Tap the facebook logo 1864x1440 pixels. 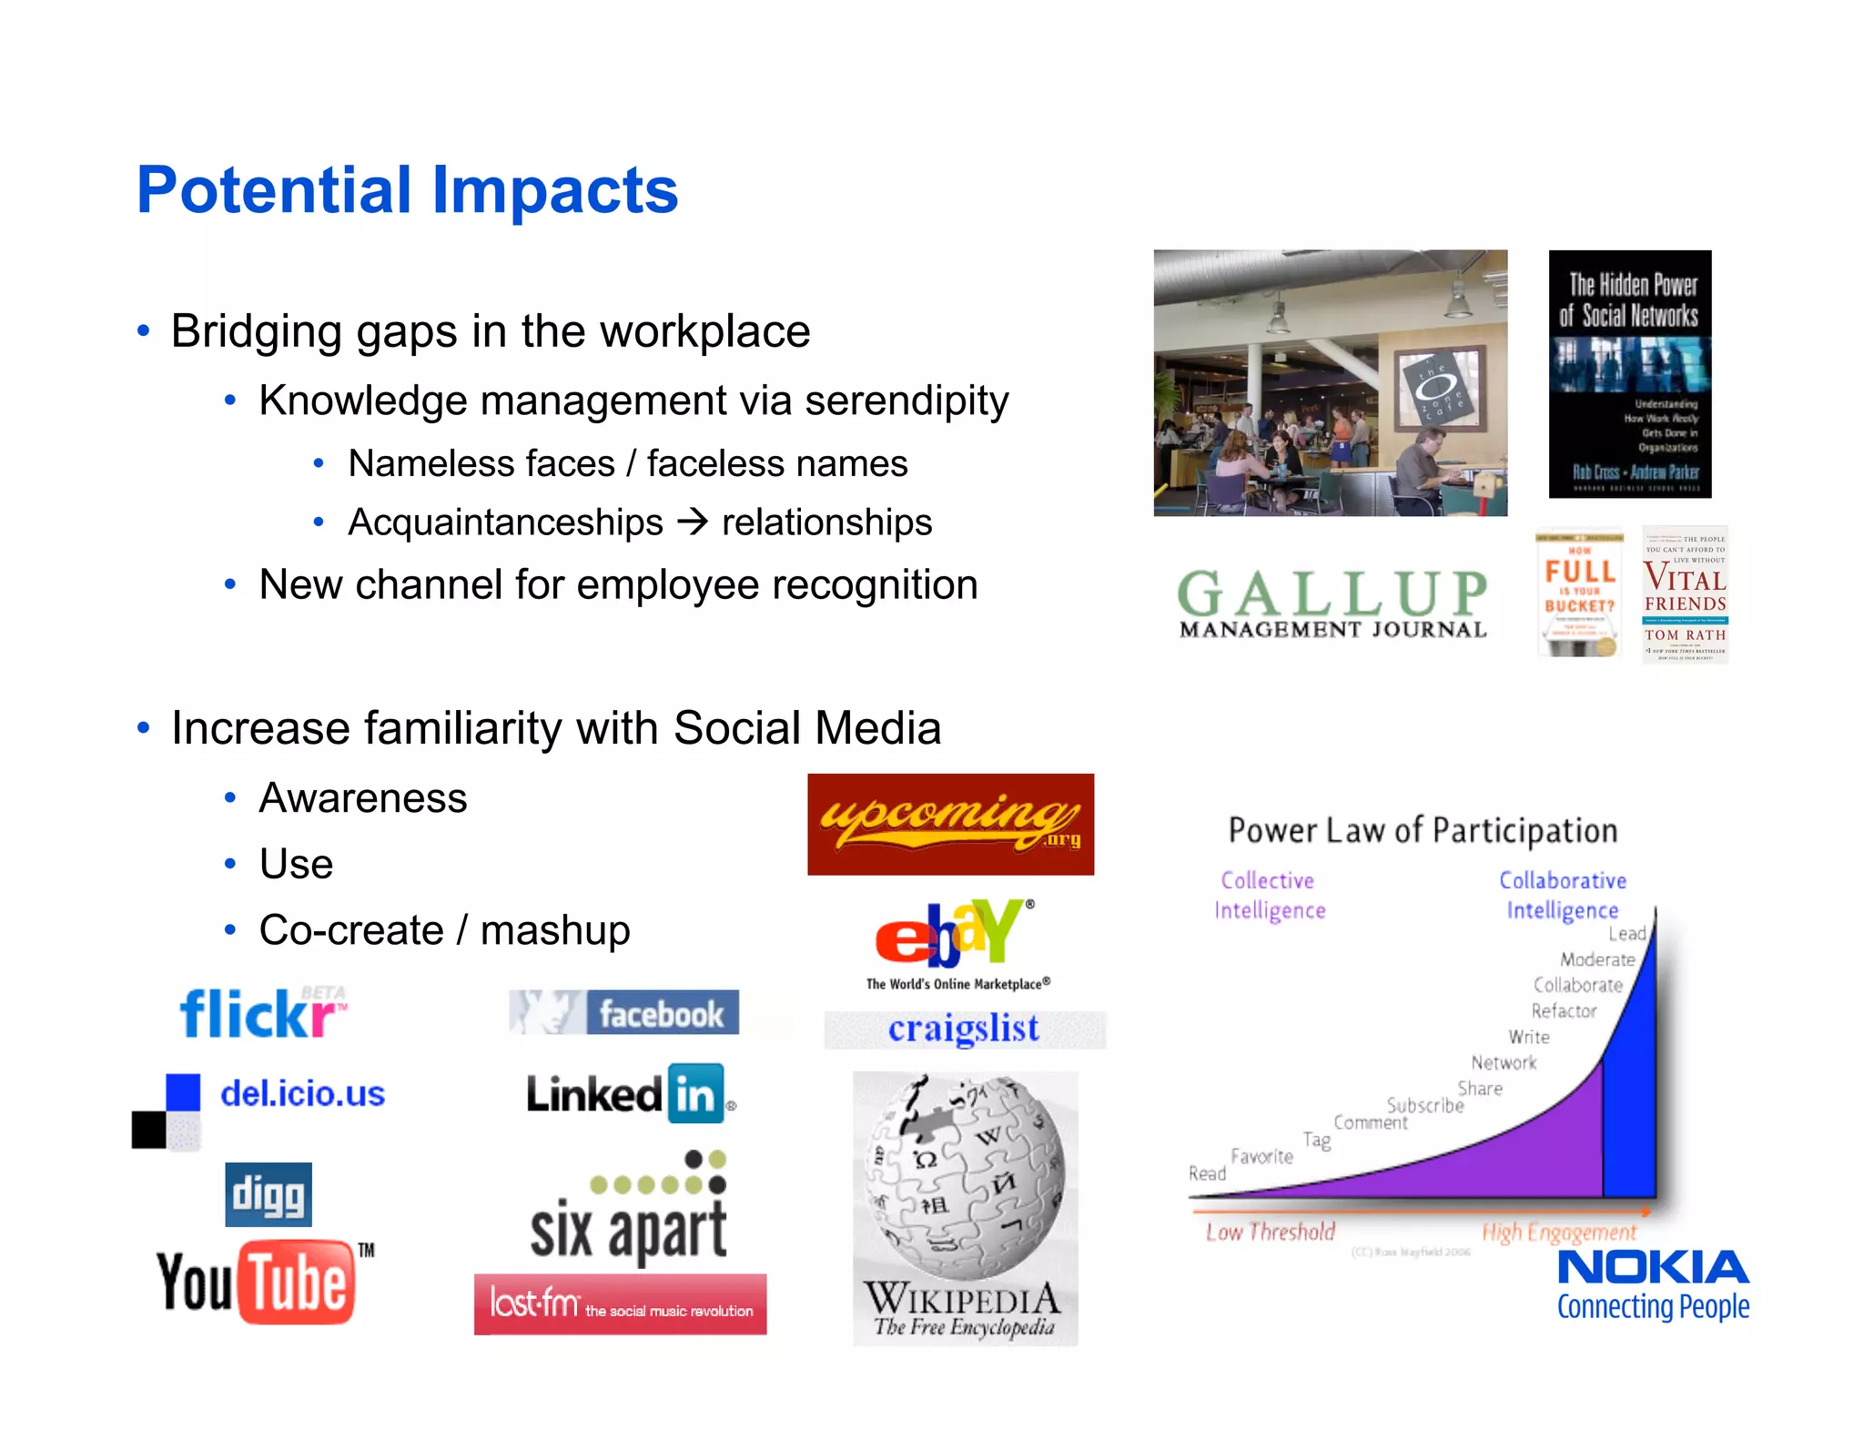624,1012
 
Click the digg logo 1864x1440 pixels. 268,1194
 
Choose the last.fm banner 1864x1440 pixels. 620,1304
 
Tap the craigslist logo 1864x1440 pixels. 963,1029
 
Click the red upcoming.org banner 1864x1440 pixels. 950,824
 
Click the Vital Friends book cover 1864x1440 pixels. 1685,593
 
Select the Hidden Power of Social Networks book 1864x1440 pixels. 1629,373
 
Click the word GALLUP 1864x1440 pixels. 1332,593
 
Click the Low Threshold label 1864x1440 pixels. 1270,1232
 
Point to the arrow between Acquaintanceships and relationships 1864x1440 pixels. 693,522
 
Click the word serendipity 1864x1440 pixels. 907,401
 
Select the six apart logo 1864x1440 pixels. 628,1211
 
